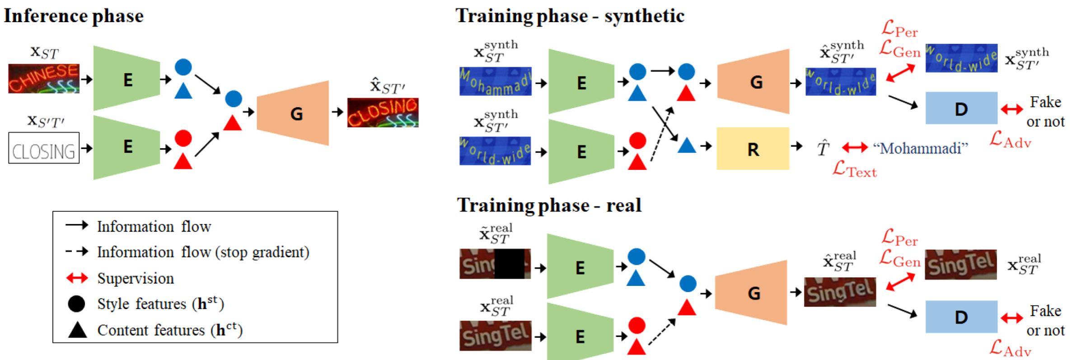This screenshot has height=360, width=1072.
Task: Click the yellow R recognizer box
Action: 753,149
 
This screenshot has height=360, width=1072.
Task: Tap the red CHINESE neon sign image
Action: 44,79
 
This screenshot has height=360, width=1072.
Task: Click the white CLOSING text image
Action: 44,148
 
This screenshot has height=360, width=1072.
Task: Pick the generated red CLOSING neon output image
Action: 383,112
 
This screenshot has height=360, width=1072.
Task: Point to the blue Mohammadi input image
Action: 495,81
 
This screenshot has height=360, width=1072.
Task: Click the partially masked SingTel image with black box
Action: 495,264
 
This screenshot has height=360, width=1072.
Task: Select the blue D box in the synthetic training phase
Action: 961,108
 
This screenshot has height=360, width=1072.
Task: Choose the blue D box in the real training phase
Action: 961,317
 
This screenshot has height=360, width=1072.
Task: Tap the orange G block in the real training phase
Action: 751,293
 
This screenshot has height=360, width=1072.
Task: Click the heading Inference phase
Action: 74,16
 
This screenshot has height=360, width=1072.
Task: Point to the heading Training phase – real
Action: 549,205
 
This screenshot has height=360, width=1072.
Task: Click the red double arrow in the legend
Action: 77,278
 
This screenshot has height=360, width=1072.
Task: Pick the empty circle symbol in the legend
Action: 76,304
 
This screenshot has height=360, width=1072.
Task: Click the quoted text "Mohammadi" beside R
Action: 920,148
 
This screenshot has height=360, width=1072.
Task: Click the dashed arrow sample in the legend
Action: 77,251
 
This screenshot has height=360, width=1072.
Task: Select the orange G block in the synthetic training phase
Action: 754,82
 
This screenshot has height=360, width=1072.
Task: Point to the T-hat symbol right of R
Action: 823,148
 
